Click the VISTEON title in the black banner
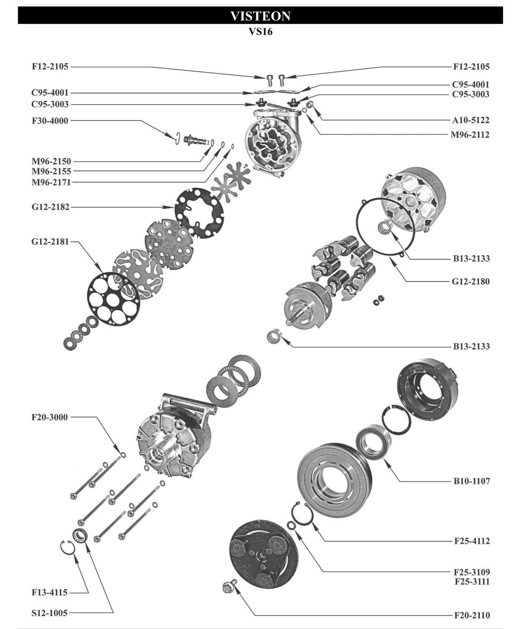(x=260, y=16)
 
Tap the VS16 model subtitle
(x=260, y=32)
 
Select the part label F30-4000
(x=50, y=121)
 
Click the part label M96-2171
(x=51, y=182)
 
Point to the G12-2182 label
(x=50, y=207)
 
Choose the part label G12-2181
(x=50, y=241)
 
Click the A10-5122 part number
(x=471, y=120)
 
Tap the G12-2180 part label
(x=471, y=282)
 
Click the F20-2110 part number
(x=471, y=616)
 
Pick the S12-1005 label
(x=49, y=613)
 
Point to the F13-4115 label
(x=49, y=592)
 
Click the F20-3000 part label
(x=49, y=418)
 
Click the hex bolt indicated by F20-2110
(x=227, y=588)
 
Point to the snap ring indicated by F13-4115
(x=67, y=546)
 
